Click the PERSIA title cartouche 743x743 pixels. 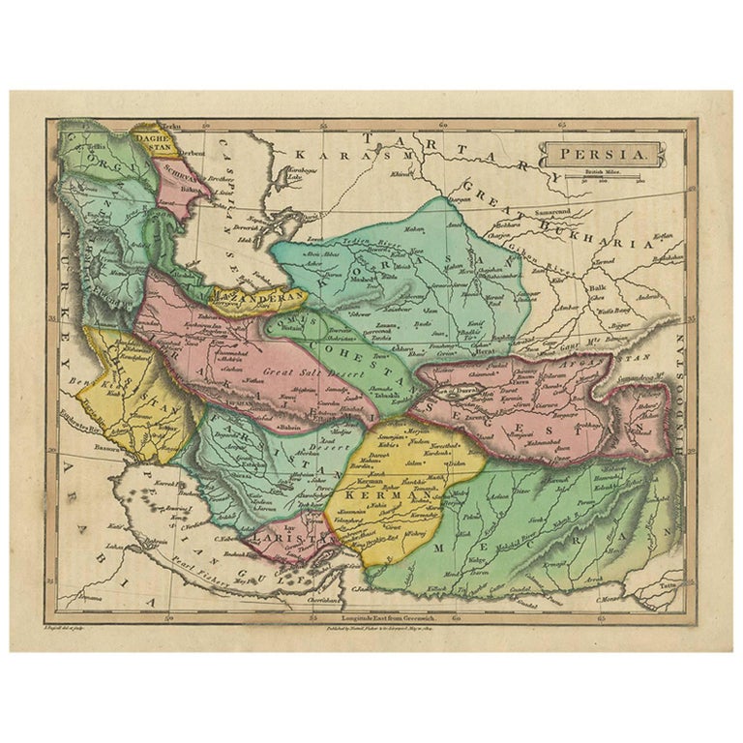click(x=600, y=153)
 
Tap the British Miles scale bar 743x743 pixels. click(x=607, y=180)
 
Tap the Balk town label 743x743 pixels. click(x=596, y=287)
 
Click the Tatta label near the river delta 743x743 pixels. click(x=669, y=585)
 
